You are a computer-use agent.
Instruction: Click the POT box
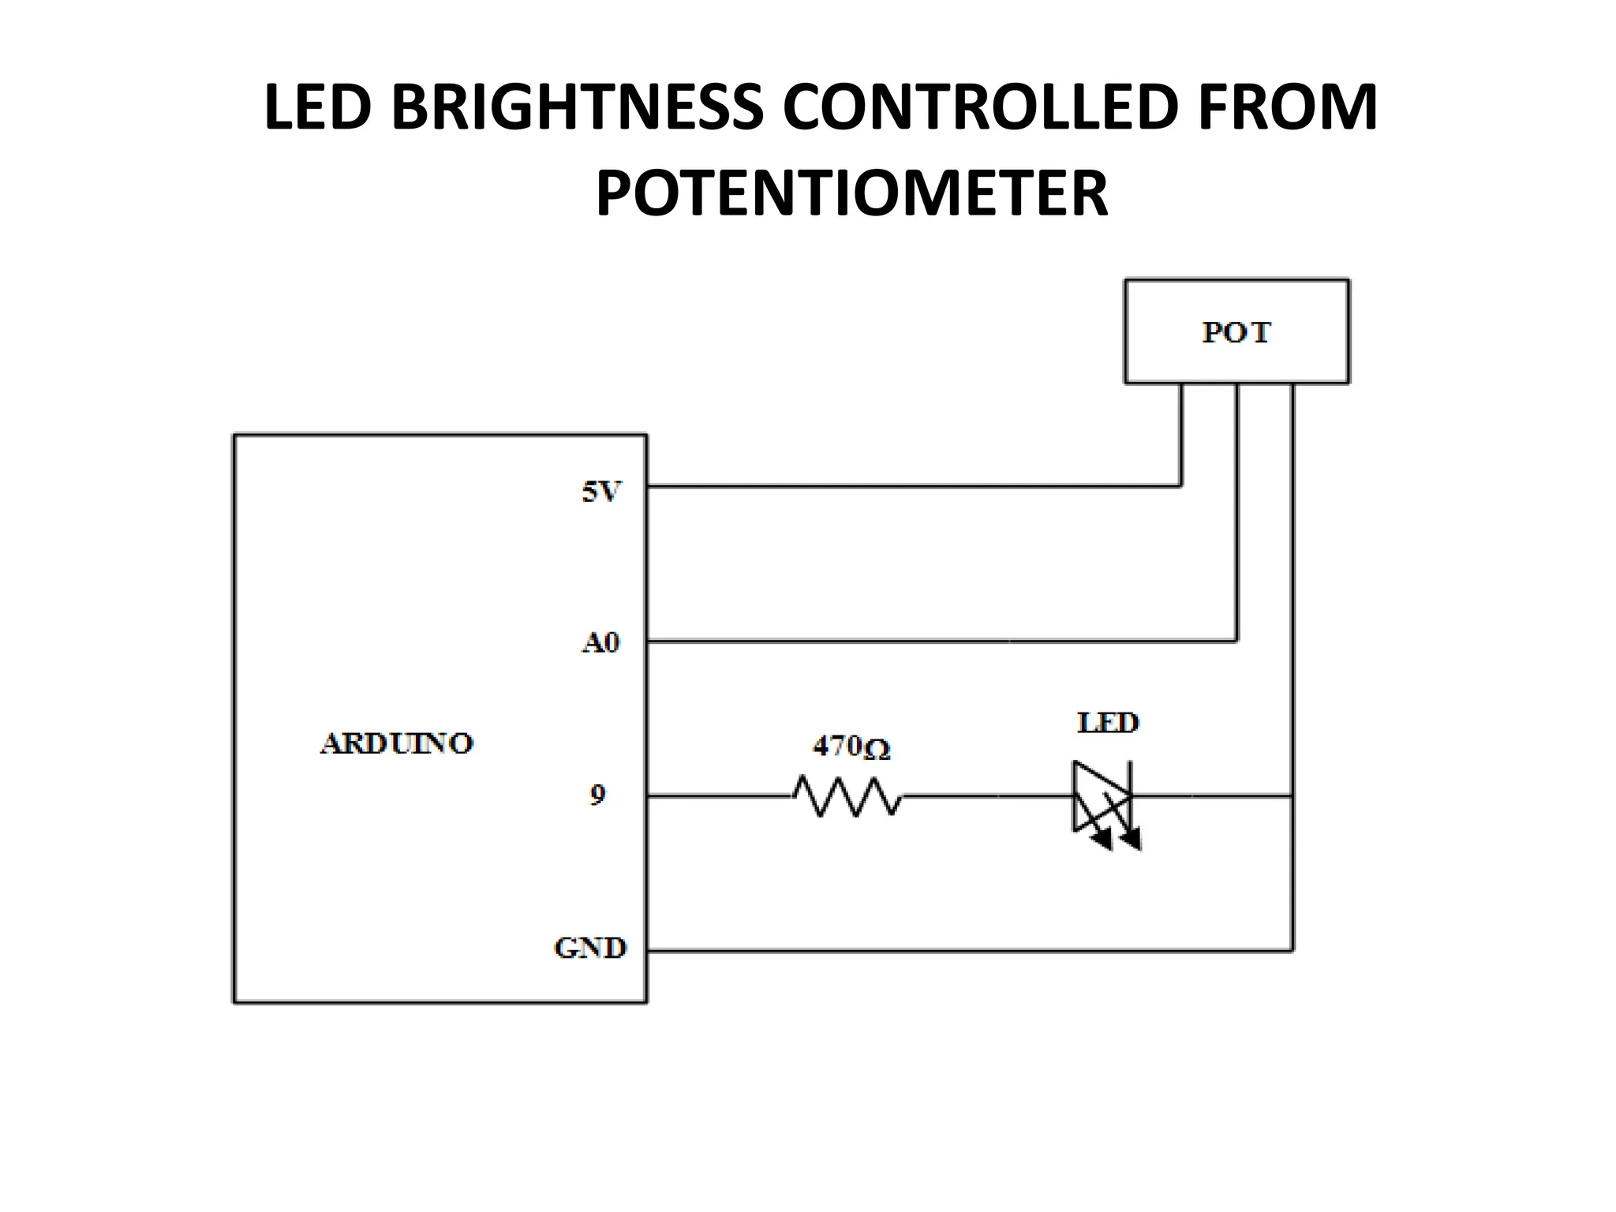[1236, 331]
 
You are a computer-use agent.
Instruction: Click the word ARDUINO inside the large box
[397, 743]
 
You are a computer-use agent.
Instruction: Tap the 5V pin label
[601, 492]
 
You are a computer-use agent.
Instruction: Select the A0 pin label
[600, 643]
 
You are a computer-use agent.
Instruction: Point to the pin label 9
[597, 795]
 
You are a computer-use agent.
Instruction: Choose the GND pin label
[590, 948]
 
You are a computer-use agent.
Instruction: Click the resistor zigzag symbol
[847, 796]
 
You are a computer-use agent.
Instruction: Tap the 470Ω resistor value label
[851, 746]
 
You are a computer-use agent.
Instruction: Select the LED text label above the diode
[1108, 723]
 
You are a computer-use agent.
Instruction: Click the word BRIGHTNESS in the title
[577, 107]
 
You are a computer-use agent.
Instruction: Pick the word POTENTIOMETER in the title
[851, 193]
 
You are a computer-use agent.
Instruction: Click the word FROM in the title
[1287, 107]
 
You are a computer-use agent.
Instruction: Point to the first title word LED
[317, 107]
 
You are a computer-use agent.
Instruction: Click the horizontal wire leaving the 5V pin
[907, 486]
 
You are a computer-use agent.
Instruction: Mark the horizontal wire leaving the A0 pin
[907, 641]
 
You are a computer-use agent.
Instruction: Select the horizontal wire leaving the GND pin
[947, 951]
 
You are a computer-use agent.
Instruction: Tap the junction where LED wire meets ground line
[1292, 796]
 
